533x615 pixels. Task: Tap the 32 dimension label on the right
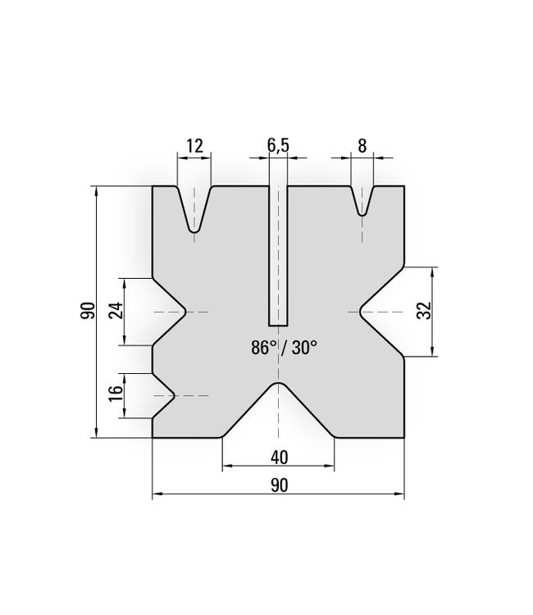[424, 311]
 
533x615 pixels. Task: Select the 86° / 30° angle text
[284, 348]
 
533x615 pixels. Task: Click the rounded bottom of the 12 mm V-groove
[194, 231]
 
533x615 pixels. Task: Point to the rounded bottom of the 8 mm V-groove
[362, 214]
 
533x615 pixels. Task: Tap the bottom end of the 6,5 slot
[279, 325]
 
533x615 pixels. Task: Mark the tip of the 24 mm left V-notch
[186, 312]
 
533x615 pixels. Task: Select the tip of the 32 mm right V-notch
[360, 312]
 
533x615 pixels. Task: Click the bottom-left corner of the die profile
[153, 437]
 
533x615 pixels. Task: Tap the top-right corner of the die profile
[404, 187]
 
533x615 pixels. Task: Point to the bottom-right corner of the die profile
[404, 437]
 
